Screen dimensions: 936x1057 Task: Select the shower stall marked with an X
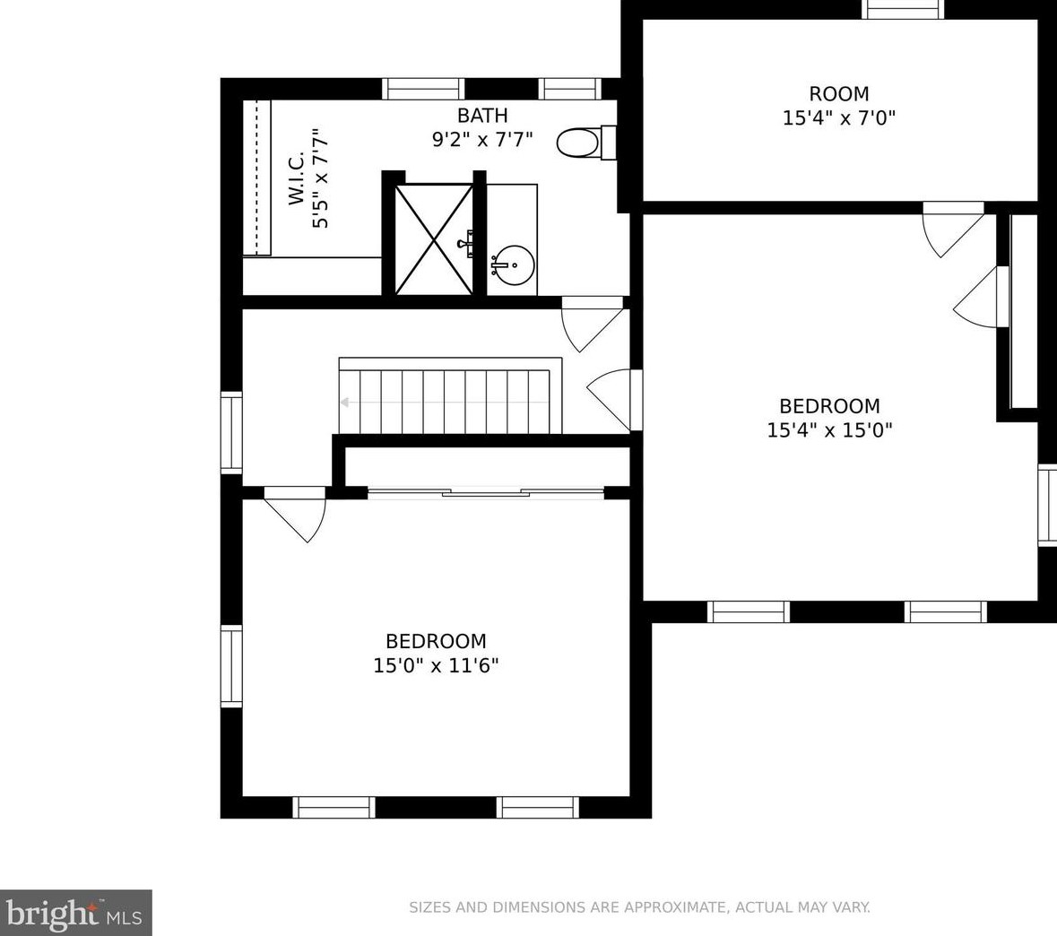coord(434,239)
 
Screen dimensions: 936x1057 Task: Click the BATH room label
coord(482,116)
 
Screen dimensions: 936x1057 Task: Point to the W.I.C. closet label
coord(297,179)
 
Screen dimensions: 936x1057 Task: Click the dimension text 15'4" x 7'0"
coord(839,117)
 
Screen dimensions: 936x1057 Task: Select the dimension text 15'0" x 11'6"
coord(436,665)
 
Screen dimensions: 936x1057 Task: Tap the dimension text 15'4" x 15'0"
coord(829,430)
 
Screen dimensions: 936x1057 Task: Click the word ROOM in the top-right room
coord(839,94)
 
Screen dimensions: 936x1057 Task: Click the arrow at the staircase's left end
coord(345,403)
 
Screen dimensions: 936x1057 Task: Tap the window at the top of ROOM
coord(904,9)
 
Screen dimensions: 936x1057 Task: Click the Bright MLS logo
coord(75,913)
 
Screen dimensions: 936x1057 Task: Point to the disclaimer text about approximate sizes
coord(639,907)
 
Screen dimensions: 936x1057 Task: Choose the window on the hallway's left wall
coord(231,432)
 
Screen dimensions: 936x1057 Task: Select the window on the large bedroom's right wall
coord(1047,505)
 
